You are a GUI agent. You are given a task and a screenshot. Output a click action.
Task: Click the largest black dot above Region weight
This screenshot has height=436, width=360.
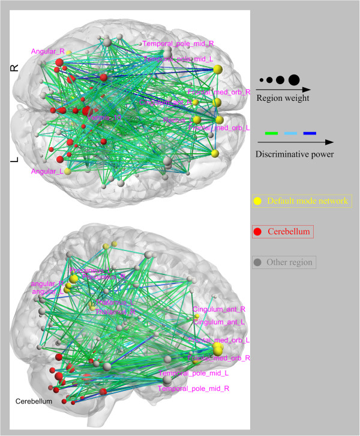coord(293,80)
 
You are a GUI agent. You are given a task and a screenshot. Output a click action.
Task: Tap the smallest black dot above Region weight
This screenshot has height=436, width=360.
coord(262,80)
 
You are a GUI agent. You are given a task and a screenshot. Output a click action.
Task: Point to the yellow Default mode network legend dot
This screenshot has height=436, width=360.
coord(257,201)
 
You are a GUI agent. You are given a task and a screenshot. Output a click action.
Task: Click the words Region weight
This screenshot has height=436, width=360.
coord(283,98)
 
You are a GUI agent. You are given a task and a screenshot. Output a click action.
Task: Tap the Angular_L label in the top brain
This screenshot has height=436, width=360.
coord(45,172)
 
